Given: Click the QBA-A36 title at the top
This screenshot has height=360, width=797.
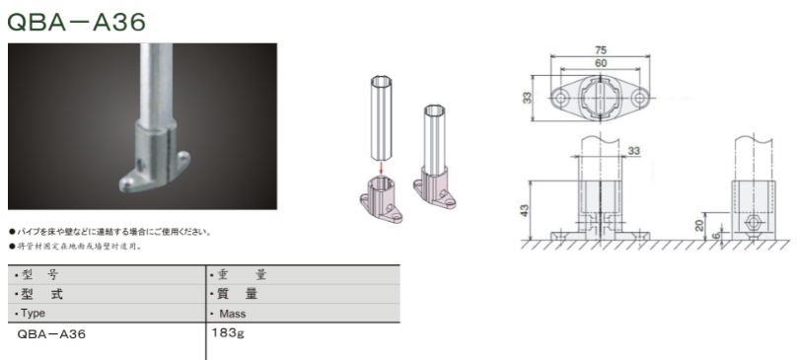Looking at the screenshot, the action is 76,22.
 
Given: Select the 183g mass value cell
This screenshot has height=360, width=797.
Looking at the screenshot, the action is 227,334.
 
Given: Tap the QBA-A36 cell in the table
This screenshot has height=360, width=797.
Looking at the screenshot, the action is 51,334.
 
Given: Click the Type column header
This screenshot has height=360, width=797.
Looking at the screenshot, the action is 33,314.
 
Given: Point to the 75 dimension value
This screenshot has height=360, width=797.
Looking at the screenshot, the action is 601,50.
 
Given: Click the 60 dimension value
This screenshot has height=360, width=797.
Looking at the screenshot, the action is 601,63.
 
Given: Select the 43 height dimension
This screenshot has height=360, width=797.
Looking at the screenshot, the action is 526,209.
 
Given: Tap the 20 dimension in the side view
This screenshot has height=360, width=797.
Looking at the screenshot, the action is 700,225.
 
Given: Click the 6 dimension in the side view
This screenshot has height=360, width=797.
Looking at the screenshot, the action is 716,235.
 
